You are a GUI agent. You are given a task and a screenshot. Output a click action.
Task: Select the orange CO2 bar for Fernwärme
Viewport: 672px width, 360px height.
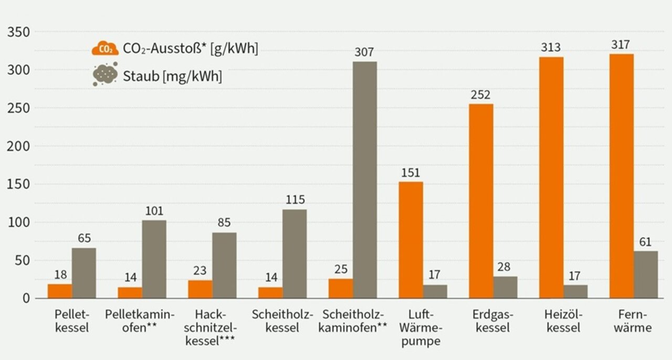point(622,176)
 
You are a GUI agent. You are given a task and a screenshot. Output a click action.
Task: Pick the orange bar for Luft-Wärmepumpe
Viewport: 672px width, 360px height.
point(411,240)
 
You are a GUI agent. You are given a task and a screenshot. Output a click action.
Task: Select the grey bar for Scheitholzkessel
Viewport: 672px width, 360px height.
point(295,254)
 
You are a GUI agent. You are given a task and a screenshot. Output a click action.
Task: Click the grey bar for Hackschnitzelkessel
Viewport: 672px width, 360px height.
point(224,265)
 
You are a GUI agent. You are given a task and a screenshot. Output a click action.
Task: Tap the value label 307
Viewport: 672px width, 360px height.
point(364,53)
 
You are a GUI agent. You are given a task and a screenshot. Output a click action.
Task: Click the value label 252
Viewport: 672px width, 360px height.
point(480,95)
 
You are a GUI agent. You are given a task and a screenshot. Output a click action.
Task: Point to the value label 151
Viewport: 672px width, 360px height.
point(411,173)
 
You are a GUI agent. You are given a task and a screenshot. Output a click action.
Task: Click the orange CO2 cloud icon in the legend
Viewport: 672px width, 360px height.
point(105,49)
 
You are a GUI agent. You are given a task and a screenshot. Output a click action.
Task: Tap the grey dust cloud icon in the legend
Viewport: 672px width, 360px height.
point(105,75)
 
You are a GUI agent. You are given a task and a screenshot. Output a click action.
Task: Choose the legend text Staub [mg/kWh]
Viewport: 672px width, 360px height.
point(173,77)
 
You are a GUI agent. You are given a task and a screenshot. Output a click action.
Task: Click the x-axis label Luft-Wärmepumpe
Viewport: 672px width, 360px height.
point(424,328)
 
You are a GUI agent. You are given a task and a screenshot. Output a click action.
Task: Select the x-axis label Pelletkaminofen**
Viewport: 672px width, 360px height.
point(140,321)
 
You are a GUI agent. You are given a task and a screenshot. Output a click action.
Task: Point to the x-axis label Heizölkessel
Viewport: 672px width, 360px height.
point(563,321)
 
